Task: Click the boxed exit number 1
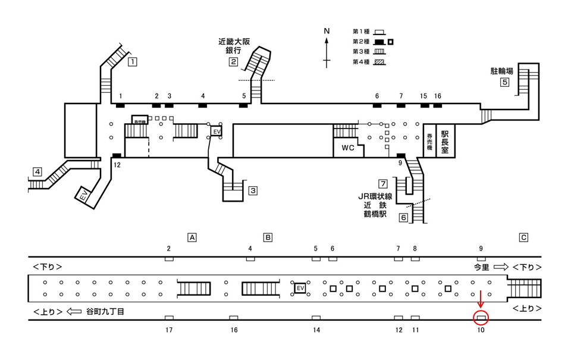click(133, 61)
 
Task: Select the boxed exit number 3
click(253, 191)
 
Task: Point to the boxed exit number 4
click(37, 173)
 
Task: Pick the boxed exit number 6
click(403, 218)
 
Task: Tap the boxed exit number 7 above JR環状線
click(383, 183)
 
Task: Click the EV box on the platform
click(300, 289)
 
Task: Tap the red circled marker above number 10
click(481, 318)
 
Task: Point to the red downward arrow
click(481, 299)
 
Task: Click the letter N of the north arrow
click(327, 30)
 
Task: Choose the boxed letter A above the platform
click(192, 237)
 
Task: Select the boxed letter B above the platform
click(268, 237)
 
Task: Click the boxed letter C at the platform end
click(523, 237)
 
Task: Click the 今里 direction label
click(482, 267)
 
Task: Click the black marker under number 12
click(117, 156)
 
